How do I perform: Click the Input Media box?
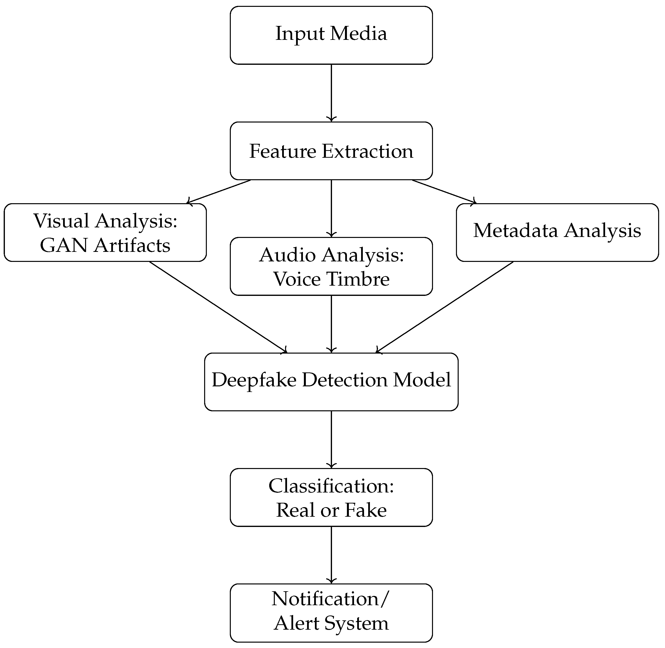tap(331, 35)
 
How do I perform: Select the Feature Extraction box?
tap(331, 151)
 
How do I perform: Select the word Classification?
tap(331, 486)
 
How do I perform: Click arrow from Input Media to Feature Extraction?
tap(331, 93)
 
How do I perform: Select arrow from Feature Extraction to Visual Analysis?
tap(219, 192)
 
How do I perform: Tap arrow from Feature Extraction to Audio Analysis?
tap(331, 208)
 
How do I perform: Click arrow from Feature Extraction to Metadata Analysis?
tap(444, 192)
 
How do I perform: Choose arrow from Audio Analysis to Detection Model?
tap(331, 324)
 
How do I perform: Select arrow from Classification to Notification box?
tap(331, 555)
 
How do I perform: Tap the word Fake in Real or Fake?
tap(366, 510)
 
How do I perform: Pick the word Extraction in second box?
tap(367, 151)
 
